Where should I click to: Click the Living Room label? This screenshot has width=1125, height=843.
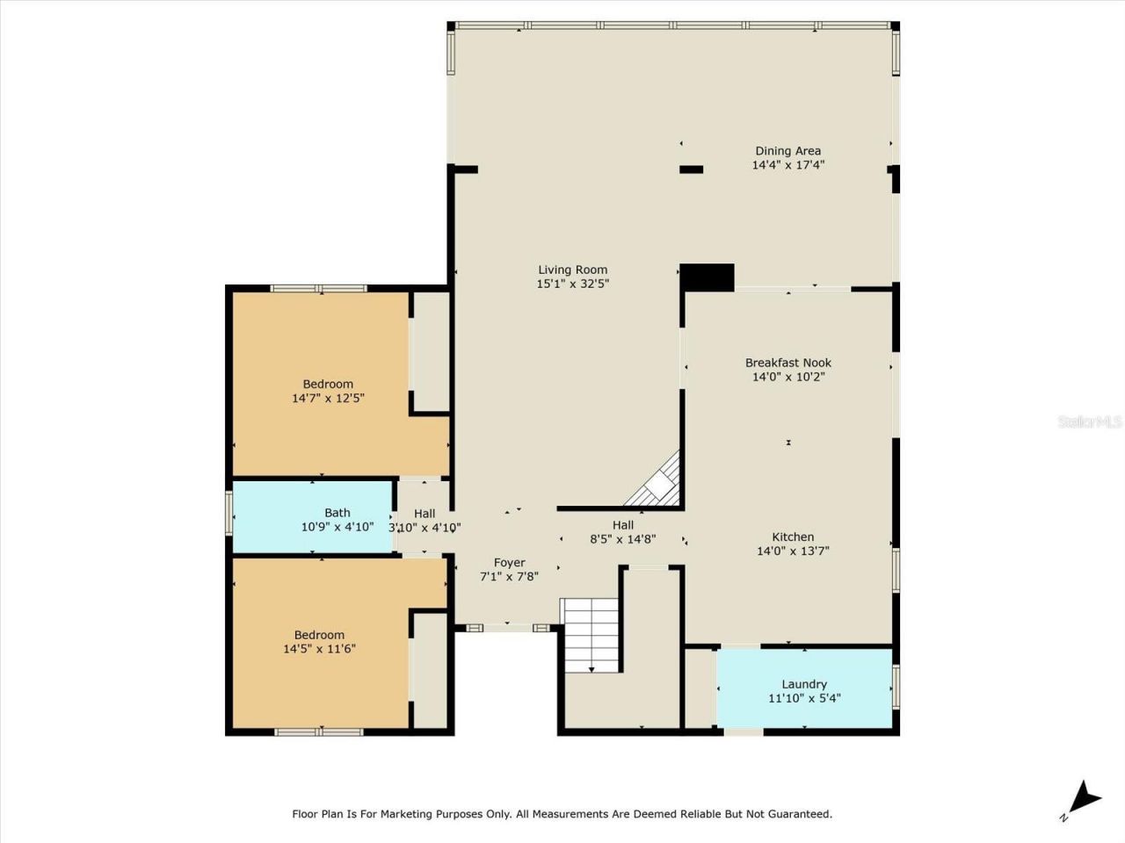tap(572, 270)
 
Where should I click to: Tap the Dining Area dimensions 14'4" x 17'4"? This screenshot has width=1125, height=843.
tap(787, 165)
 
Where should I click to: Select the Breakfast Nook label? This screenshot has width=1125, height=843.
tap(787, 363)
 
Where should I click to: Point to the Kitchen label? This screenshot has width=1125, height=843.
tap(792, 537)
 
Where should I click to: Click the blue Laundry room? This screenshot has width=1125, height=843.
tap(804, 689)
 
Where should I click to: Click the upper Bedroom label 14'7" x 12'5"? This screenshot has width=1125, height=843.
tap(328, 391)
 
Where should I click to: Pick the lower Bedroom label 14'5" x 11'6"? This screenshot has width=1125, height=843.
tap(319, 642)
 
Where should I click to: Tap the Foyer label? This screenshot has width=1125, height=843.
tap(509, 563)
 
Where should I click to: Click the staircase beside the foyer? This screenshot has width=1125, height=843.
tap(591, 635)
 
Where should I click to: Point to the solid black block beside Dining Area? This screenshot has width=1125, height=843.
tap(708, 277)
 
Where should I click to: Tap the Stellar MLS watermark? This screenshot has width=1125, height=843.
tap(1090, 422)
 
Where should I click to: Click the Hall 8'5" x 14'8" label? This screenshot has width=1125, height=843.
tap(622, 532)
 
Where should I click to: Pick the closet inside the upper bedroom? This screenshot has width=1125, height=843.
tap(430, 351)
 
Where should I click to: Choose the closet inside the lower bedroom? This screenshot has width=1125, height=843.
tap(430, 669)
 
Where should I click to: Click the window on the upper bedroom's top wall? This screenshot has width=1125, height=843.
tap(318, 288)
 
